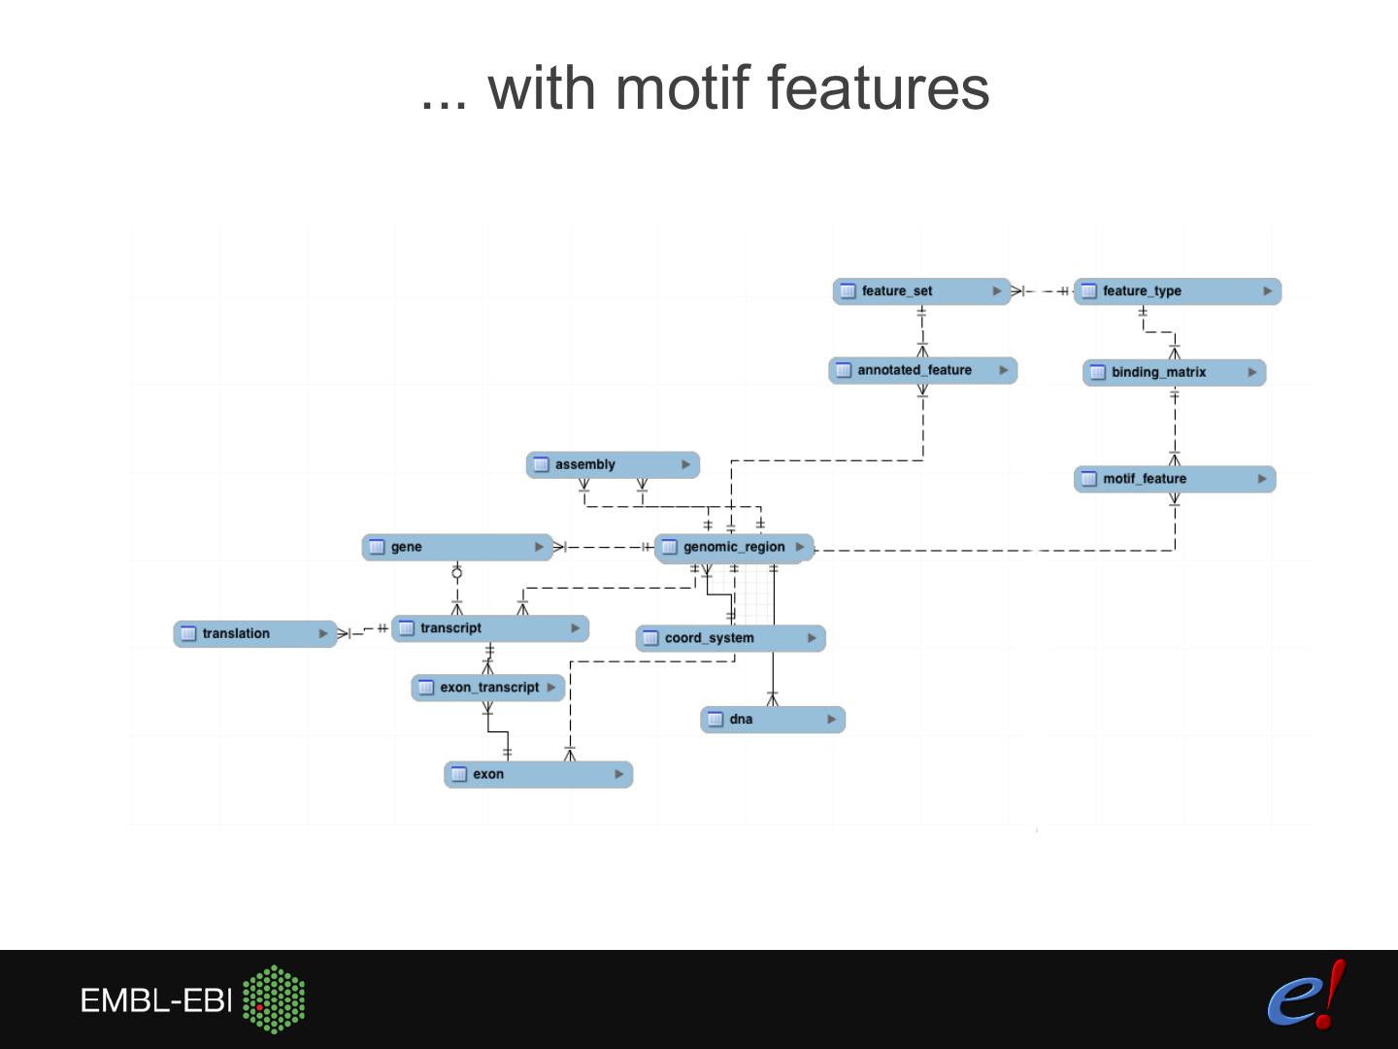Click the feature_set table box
click(x=920, y=291)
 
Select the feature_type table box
click(x=1177, y=291)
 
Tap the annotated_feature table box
click(x=922, y=370)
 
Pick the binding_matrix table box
click(x=1174, y=372)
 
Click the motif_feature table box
click(x=1174, y=479)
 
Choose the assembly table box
click(x=612, y=464)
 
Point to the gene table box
click(x=456, y=547)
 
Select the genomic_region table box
click(x=734, y=547)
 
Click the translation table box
click(x=254, y=633)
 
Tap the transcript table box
click(x=489, y=628)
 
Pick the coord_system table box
click(x=730, y=638)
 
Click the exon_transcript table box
click(x=487, y=688)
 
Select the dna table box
click(x=772, y=720)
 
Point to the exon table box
click(x=538, y=774)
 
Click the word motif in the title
click(x=683, y=87)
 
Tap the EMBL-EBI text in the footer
click(x=155, y=1000)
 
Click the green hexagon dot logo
click(x=274, y=998)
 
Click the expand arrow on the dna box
click(x=831, y=720)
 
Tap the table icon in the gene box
click(x=377, y=547)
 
